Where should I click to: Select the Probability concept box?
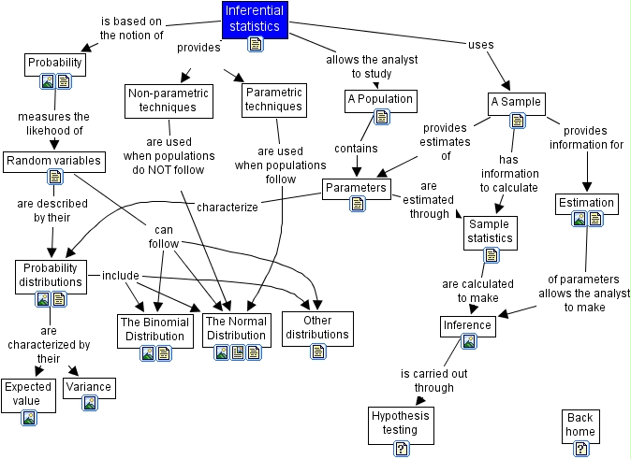[54, 64]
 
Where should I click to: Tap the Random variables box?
[53, 161]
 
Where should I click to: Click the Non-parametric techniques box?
[169, 99]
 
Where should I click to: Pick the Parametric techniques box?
[272, 99]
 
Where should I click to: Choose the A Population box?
[379, 99]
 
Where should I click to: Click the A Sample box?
[516, 102]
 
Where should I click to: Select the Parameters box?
[356, 188]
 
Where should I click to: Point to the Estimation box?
[586, 203]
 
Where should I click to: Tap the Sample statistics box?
[491, 231]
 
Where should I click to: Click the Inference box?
[467, 325]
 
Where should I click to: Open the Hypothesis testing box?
[400, 422]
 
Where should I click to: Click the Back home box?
[580, 425]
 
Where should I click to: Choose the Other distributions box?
[317, 327]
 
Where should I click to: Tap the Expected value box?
[27, 393]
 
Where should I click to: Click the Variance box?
[89, 387]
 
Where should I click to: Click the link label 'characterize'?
[227, 208]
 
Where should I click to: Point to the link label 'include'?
[120, 276]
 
